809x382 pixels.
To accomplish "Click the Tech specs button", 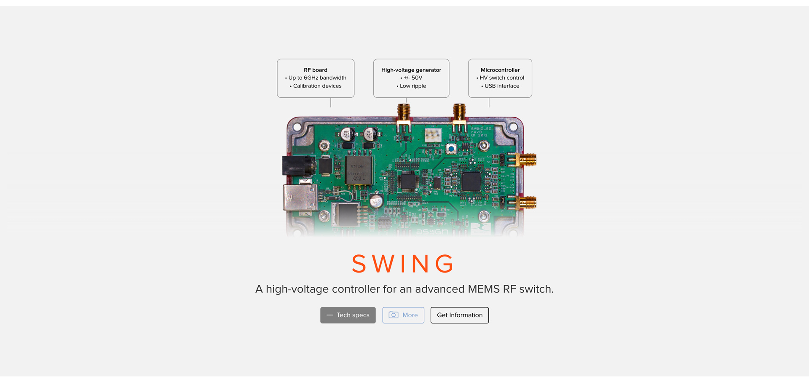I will point(348,315).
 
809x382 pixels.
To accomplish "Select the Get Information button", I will point(459,315).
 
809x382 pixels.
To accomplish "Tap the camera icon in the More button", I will point(393,315).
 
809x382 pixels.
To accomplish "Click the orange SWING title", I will point(403,264).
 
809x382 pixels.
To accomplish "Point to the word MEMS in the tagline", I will point(484,289).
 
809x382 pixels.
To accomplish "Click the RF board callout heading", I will point(315,70).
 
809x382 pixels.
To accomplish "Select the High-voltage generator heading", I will point(411,70).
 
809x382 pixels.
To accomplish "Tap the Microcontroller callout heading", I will point(500,70).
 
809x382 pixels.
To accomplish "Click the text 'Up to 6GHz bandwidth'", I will point(317,78).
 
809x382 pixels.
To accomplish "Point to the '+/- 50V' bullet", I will point(413,78).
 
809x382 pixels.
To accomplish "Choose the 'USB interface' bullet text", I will point(501,86).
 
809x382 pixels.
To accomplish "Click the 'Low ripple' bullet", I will point(413,86).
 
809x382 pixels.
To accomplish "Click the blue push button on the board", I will point(451,149).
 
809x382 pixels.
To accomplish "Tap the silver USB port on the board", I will point(300,197).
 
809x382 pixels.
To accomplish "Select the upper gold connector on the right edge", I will point(527,160).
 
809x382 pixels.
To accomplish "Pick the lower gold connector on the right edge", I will point(527,203).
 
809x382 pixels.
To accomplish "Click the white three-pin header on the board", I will point(433,135).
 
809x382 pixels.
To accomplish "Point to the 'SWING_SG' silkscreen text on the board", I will point(481,128).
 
